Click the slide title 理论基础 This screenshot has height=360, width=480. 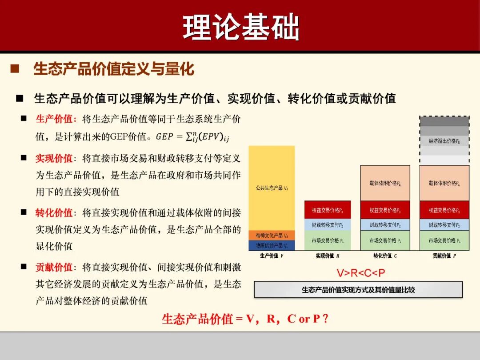tap(240, 28)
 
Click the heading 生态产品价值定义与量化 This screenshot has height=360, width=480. tap(114, 69)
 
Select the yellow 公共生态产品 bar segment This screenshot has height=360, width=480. tap(272, 188)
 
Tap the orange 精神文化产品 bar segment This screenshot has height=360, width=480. tap(272, 235)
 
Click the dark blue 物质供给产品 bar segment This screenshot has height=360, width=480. tap(272, 245)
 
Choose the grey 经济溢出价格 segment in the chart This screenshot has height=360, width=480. tap(444, 141)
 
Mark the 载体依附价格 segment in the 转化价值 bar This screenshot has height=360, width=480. tap(385, 183)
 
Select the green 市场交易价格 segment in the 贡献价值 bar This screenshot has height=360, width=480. tap(444, 240)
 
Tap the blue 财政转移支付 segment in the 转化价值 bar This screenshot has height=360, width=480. tap(385, 225)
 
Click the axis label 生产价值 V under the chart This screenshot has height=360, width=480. tap(272, 256)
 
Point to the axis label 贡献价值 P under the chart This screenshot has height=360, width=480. tap(444, 256)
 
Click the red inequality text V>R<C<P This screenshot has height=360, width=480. tap(360, 272)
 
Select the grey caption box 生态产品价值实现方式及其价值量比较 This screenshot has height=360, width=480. tap(358, 290)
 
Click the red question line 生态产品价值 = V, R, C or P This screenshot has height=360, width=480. tap(245, 319)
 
